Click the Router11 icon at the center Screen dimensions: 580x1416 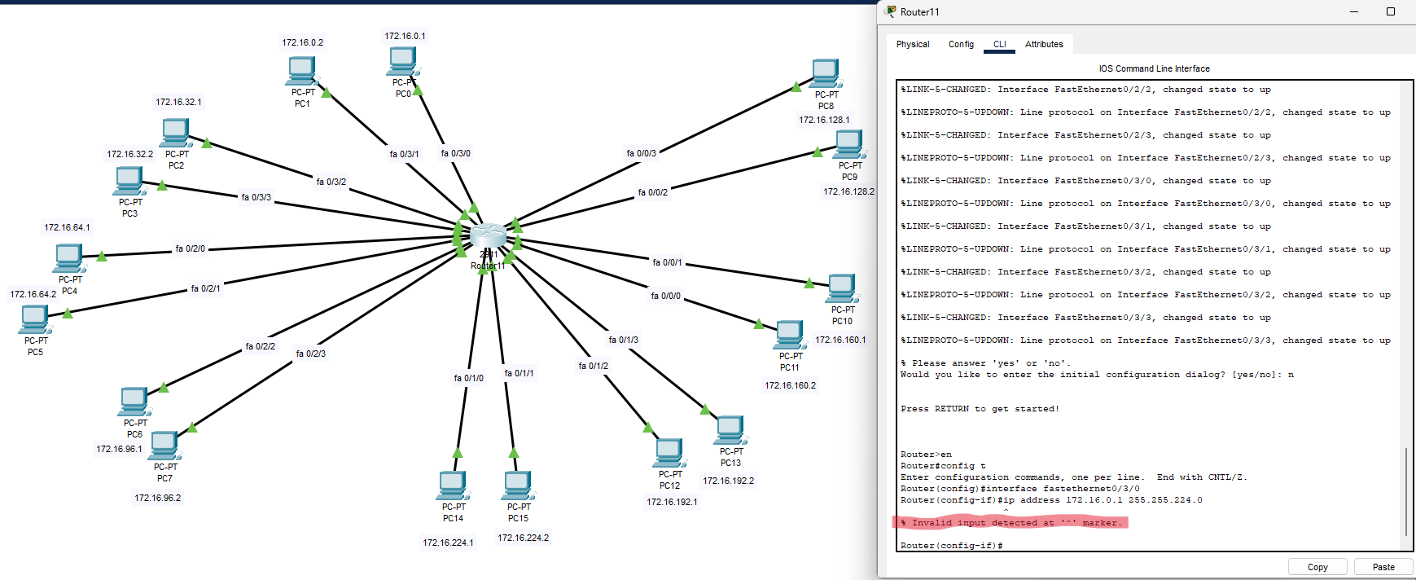pyautogui.click(x=488, y=236)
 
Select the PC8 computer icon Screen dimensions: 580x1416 pyautogui.click(x=826, y=73)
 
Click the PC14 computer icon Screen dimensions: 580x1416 pyautogui.click(x=453, y=486)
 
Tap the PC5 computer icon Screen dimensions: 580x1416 pyautogui.click(x=35, y=319)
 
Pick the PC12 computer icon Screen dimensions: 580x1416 pyautogui.click(x=669, y=453)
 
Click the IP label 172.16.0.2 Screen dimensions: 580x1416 pyautogui.click(x=302, y=42)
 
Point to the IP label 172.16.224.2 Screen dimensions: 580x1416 pyautogui.click(x=523, y=538)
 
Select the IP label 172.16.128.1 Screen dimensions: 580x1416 pyautogui.click(x=823, y=120)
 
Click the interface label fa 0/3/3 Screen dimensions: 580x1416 pyautogui.click(x=256, y=197)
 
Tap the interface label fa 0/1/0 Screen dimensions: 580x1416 pyautogui.click(x=468, y=378)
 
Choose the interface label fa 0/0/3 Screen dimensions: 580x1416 pyautogui.click(x=641, y=153)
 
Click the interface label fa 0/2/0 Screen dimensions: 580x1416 pyautogui.click(x=190, y=248)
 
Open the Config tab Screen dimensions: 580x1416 pyautogui.click(x=961, y=44)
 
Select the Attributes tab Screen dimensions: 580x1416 pyautogui.click(x=1044, y=44)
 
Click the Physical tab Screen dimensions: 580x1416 pyautogui.click(x=912, y=44)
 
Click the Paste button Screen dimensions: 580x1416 pyautogui.click(x=1383, y=567)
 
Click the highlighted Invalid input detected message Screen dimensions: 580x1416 pyautogui.click(x=1010, y=523)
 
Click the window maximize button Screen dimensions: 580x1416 pyautogui.click(x=1391, y=11)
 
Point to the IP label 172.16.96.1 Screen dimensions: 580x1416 pyautogui.click(x=119, y=449)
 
